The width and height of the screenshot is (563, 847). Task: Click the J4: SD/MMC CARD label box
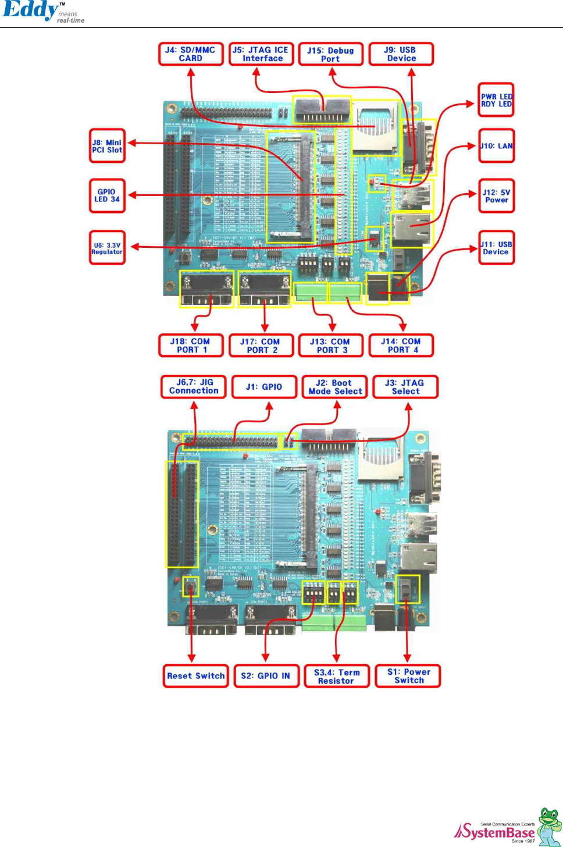tap(191, 54)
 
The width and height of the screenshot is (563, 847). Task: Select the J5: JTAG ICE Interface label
tap(261, 54)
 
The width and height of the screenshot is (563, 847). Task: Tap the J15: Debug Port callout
tap(330, 54)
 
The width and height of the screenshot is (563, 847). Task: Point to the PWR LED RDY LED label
tap(496, 100)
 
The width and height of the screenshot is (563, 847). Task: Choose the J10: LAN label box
tap(496, 146)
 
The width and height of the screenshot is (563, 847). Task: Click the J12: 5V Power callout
tap(496, 196)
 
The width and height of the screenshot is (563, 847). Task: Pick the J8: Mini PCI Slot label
tap(107, 146)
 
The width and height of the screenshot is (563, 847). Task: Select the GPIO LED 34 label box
tap(107, 195)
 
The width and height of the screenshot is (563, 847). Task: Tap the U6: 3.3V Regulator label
tap(107, 248)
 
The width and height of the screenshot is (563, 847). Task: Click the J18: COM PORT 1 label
tap(191, 346)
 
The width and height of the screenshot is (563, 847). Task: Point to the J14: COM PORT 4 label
tap(401, 346)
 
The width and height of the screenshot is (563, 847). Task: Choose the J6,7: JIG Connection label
tap(194, 387)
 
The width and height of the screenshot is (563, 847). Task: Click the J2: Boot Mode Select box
tap(334, 387)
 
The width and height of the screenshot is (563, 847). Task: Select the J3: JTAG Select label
tap(405, 387)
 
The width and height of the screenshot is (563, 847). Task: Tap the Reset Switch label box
tap(195, 676)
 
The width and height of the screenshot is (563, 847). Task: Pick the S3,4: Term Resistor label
tap(337, 676)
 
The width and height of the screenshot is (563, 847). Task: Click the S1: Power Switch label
tap(408, 676)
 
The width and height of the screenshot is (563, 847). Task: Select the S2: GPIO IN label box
tap(266, 676)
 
